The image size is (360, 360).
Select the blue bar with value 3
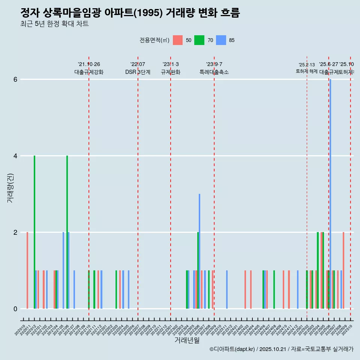[199, 251]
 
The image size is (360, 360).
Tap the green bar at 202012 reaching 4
[34, 232]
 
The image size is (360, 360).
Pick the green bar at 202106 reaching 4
[67, 232]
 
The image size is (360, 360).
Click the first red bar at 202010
[27, 270]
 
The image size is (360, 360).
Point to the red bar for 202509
[343, 270]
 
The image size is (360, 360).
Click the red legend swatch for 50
[178, 40]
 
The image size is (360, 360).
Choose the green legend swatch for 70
[199, 40]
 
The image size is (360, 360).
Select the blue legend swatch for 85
[221, 40]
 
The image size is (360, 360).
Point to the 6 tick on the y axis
[15, 79]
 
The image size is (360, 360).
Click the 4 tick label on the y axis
[15, 156]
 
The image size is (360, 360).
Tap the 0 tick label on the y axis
[15, 309]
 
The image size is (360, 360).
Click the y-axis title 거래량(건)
[10, 188]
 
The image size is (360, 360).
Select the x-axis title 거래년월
[187, 340]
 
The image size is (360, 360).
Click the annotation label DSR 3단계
[138, 72]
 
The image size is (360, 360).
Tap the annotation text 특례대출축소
[214, 72]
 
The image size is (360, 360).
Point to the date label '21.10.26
[89, 64]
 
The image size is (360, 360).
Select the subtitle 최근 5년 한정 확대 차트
[54, 24]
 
